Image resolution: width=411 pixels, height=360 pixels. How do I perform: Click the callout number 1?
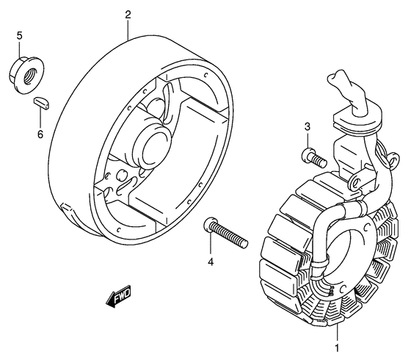[337, 348]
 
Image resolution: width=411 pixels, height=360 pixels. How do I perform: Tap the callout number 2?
[128, 15]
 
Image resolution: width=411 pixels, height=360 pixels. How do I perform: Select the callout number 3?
[308, 126]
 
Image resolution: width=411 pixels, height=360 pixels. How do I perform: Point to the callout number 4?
[211, 262]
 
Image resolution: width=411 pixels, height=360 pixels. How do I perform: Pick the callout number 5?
[20, 36]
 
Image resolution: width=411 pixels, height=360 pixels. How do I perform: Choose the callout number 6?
[40, 134]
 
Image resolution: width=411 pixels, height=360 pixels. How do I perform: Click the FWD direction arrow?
[118, 296]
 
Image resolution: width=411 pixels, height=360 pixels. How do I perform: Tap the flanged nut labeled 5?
[26, 74]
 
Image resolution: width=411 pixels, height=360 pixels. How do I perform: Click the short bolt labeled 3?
[314, 157]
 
